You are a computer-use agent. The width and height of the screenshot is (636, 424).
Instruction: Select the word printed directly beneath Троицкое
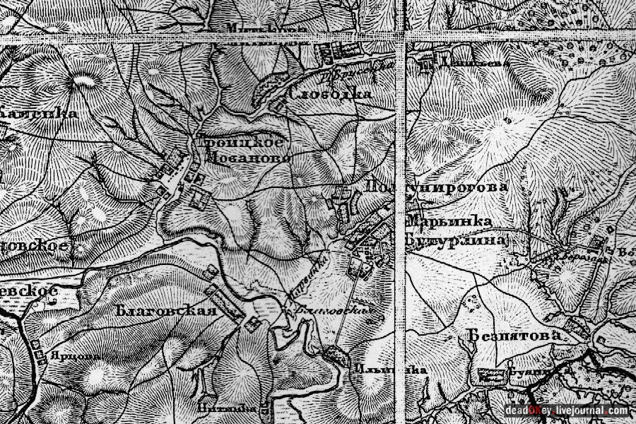coord(247,159)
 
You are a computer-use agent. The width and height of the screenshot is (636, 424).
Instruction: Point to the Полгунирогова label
coord(437,187)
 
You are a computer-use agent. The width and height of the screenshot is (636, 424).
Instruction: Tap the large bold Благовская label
coord(166,311)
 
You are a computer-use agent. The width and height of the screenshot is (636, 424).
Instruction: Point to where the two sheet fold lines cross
coord(404,36)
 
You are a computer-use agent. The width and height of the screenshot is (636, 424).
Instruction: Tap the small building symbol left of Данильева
coord(427,64)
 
